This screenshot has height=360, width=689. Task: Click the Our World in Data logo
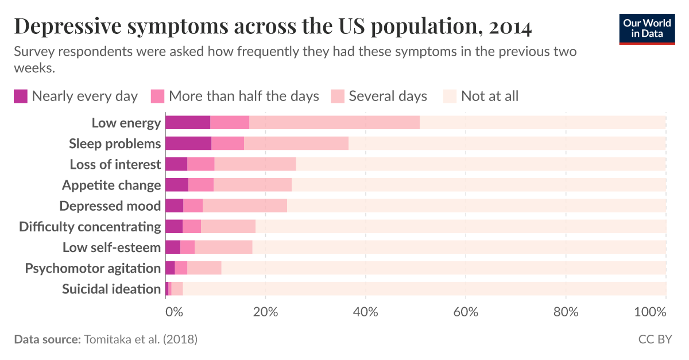coord(647,28)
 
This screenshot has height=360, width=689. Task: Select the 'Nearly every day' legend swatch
coord(21,96)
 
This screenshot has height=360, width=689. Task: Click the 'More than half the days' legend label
coord(243,96)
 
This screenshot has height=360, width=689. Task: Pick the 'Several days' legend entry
coord(388,96)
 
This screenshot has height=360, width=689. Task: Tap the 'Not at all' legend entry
coord(489,96)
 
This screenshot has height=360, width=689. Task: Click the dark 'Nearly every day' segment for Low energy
coord(187,122)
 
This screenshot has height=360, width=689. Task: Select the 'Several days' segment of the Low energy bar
coord(334,122)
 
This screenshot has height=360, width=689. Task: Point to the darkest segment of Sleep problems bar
coord(188,143)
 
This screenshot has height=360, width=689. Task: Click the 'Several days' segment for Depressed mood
coord(245,206)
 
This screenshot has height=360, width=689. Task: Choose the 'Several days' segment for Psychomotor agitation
coord(204,268)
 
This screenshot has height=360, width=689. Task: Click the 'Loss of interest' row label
coord(115,164)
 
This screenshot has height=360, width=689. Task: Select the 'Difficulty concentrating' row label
coord(90,226)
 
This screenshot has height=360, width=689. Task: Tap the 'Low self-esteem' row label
coord(111,247)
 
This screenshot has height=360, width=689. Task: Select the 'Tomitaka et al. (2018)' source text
coord(141,339)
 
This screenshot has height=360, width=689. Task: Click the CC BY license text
coord(655,339)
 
